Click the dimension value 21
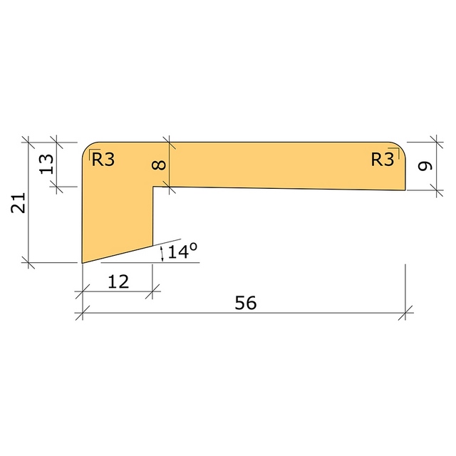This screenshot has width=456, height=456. (x=19, y=202)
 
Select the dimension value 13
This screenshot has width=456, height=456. (x=46, y=164)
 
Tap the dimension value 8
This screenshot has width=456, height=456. (x=159, y=165)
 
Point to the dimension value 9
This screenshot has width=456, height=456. (x=425, y=166)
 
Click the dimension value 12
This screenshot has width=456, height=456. (x=118, y=281)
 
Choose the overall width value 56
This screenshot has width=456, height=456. (x=245, y=303)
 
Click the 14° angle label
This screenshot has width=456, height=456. (x=182, y=251)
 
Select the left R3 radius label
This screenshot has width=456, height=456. (x=103, y=160)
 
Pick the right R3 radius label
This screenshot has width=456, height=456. (x=383, y=160)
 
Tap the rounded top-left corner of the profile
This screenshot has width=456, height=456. (x=86, y=147)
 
